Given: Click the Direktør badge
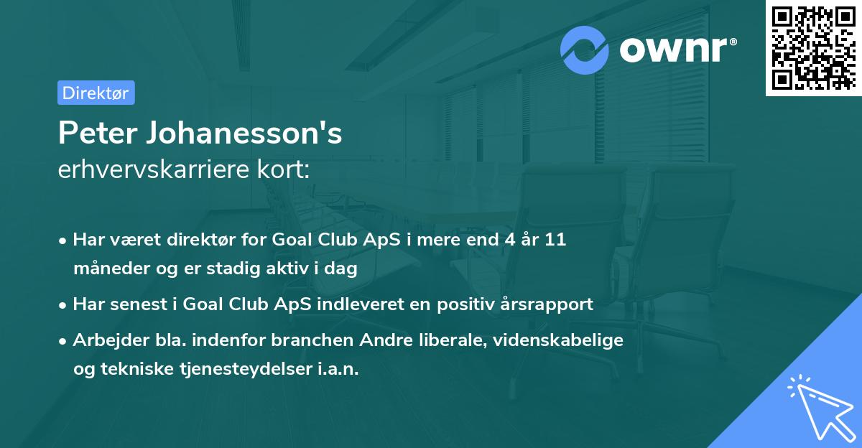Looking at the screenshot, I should [96, 93].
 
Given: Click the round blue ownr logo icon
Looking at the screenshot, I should [585, 50].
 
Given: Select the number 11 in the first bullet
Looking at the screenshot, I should [555, 240].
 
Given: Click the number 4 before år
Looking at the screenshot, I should [504, 240].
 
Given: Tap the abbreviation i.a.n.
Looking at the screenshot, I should [337, 369].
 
